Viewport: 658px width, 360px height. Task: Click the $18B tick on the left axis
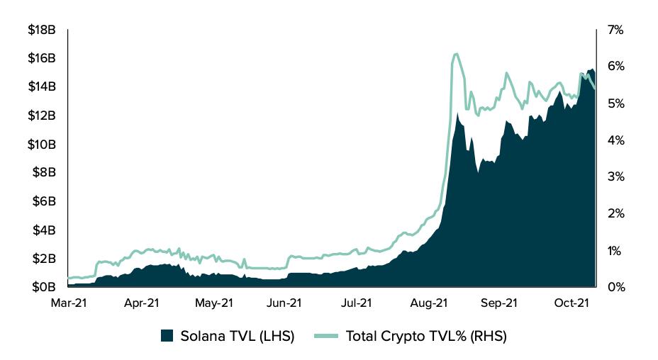[42, 30]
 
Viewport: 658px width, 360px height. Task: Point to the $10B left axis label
[42, 145]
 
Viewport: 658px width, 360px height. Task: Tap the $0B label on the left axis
[44, 287]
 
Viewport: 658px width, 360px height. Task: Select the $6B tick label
[45, 201]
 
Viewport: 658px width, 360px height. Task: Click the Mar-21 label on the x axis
[68, 303]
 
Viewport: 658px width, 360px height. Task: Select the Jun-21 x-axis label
[284, 303]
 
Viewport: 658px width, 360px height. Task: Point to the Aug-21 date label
[429, 303]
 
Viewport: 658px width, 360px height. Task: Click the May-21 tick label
[213, 303]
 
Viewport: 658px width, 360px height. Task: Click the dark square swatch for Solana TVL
[167, 335]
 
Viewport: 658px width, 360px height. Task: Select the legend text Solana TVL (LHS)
[237, 336]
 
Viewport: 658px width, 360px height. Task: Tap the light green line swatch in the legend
[324, 335]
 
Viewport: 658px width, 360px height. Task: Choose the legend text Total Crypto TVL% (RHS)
[426, 336]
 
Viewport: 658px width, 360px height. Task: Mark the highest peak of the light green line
[455, 54]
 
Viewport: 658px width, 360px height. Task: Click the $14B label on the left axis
[42, 87]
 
